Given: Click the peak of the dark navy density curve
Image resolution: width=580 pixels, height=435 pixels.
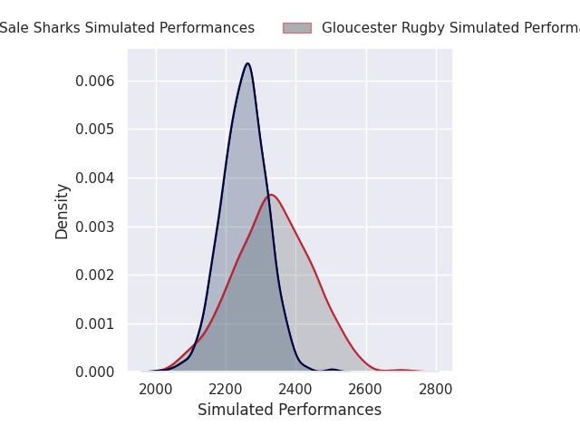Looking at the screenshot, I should tap(247, 63).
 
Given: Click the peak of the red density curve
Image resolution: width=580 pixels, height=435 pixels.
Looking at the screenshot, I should tap(271, 195).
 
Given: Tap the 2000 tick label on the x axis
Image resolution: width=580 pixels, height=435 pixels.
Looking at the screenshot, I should tap(156, 390).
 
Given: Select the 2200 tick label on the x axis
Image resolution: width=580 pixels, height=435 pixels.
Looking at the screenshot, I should tap(226, 390).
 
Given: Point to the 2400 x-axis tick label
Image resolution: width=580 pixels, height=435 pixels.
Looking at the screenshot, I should tap(295, 390).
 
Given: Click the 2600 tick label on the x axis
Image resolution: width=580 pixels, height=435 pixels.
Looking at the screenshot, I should tap(366, 390).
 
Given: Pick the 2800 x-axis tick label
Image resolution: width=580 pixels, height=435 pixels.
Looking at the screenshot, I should tap(436, 390).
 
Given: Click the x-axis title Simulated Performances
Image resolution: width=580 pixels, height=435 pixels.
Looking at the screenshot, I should tap(289, 411).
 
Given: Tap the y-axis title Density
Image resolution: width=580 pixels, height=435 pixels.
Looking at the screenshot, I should tap(63, 211).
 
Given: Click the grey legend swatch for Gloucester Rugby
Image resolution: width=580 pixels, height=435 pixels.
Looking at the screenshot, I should tap(297, 28).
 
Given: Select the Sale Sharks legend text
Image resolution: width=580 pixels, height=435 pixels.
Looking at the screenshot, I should tap(127, 28).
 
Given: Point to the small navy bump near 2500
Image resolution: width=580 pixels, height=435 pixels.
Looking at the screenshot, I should tap(333, 370).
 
